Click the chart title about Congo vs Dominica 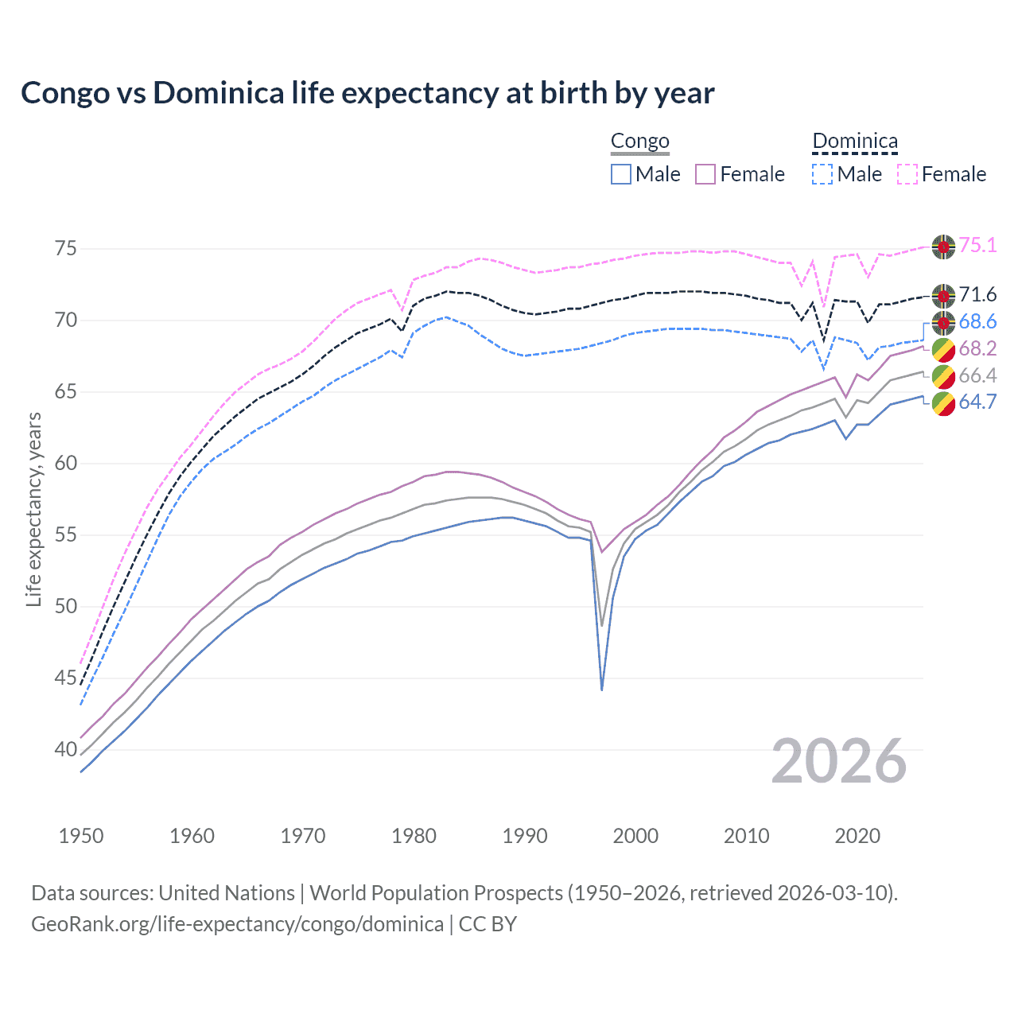[367, 93]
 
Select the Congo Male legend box [621, 174]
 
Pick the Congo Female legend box [705, 174]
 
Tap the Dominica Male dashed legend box [822, 174]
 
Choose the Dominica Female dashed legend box [907, 174]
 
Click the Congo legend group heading [639, 142]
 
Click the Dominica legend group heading [855, 142]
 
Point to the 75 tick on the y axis [66, 249]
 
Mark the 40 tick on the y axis [66, 749]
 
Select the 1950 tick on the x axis [81, 836]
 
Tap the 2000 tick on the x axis [636, 836]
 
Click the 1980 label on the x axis [414, 836]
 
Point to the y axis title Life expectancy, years [33, 509]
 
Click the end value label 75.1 [977, 246]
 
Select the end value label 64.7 [977, 402]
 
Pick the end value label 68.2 [977, 349]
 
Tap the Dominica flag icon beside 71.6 [943, 296]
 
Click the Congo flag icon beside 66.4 [943, 376]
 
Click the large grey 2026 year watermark [839, 761]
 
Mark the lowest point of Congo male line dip [602, 689]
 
